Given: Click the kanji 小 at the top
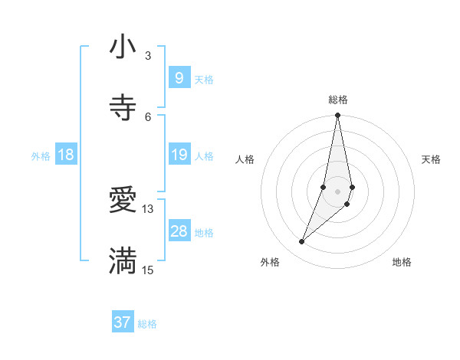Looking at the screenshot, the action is coord(123,47).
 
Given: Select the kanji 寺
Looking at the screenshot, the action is coord(123,108).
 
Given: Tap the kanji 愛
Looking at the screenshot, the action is coord(123,201).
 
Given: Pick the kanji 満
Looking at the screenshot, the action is coord(123,261).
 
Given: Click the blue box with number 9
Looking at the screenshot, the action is coord(179,77).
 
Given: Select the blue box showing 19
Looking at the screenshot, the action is coord(179,155).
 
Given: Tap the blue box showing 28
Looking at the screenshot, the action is coord(179,231).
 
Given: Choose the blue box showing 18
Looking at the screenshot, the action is coord(66,155).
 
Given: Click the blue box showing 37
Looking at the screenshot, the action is coord(123,322).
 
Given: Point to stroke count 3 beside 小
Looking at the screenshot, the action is coord(148,56).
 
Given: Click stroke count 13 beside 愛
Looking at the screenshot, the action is coord(148,208).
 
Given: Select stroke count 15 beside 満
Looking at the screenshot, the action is coord(148,270).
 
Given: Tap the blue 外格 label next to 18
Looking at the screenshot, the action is coord(41,156).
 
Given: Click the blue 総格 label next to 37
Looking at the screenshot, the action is coord(147,324).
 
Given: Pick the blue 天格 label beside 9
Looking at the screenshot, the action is coord(204,80).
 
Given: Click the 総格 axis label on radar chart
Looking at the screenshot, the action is coord(338,100).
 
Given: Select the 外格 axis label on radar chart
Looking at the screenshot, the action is coord(270,262).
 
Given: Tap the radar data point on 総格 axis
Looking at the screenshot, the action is coord(337,116).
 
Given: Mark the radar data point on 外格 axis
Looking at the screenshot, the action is coord(301,242).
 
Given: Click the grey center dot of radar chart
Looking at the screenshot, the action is coord(337,191).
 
